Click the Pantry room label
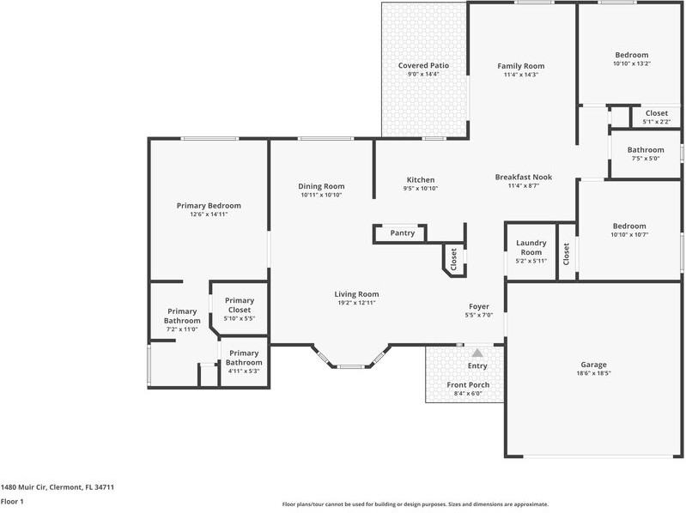[403, 232]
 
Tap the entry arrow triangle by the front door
[477, 353]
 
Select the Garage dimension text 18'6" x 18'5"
[593, 373]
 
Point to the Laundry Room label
[531, 247]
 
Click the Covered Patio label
[423, 65]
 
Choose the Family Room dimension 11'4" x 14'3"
[521, 75]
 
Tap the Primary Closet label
[240, 305]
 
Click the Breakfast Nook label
[524, 177]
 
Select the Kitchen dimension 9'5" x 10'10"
[421, 189]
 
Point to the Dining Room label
[322, 186]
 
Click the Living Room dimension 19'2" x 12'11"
[356, 302]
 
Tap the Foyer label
[479, 307]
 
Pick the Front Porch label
[468, 385]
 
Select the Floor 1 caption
[12, 501]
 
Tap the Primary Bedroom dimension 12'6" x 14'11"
[209, 214]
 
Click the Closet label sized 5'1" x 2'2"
[657, 113]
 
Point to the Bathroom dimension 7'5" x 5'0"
[646, 159]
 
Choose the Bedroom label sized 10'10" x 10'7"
[629, 226]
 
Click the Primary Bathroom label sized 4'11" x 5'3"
[244, 358]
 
